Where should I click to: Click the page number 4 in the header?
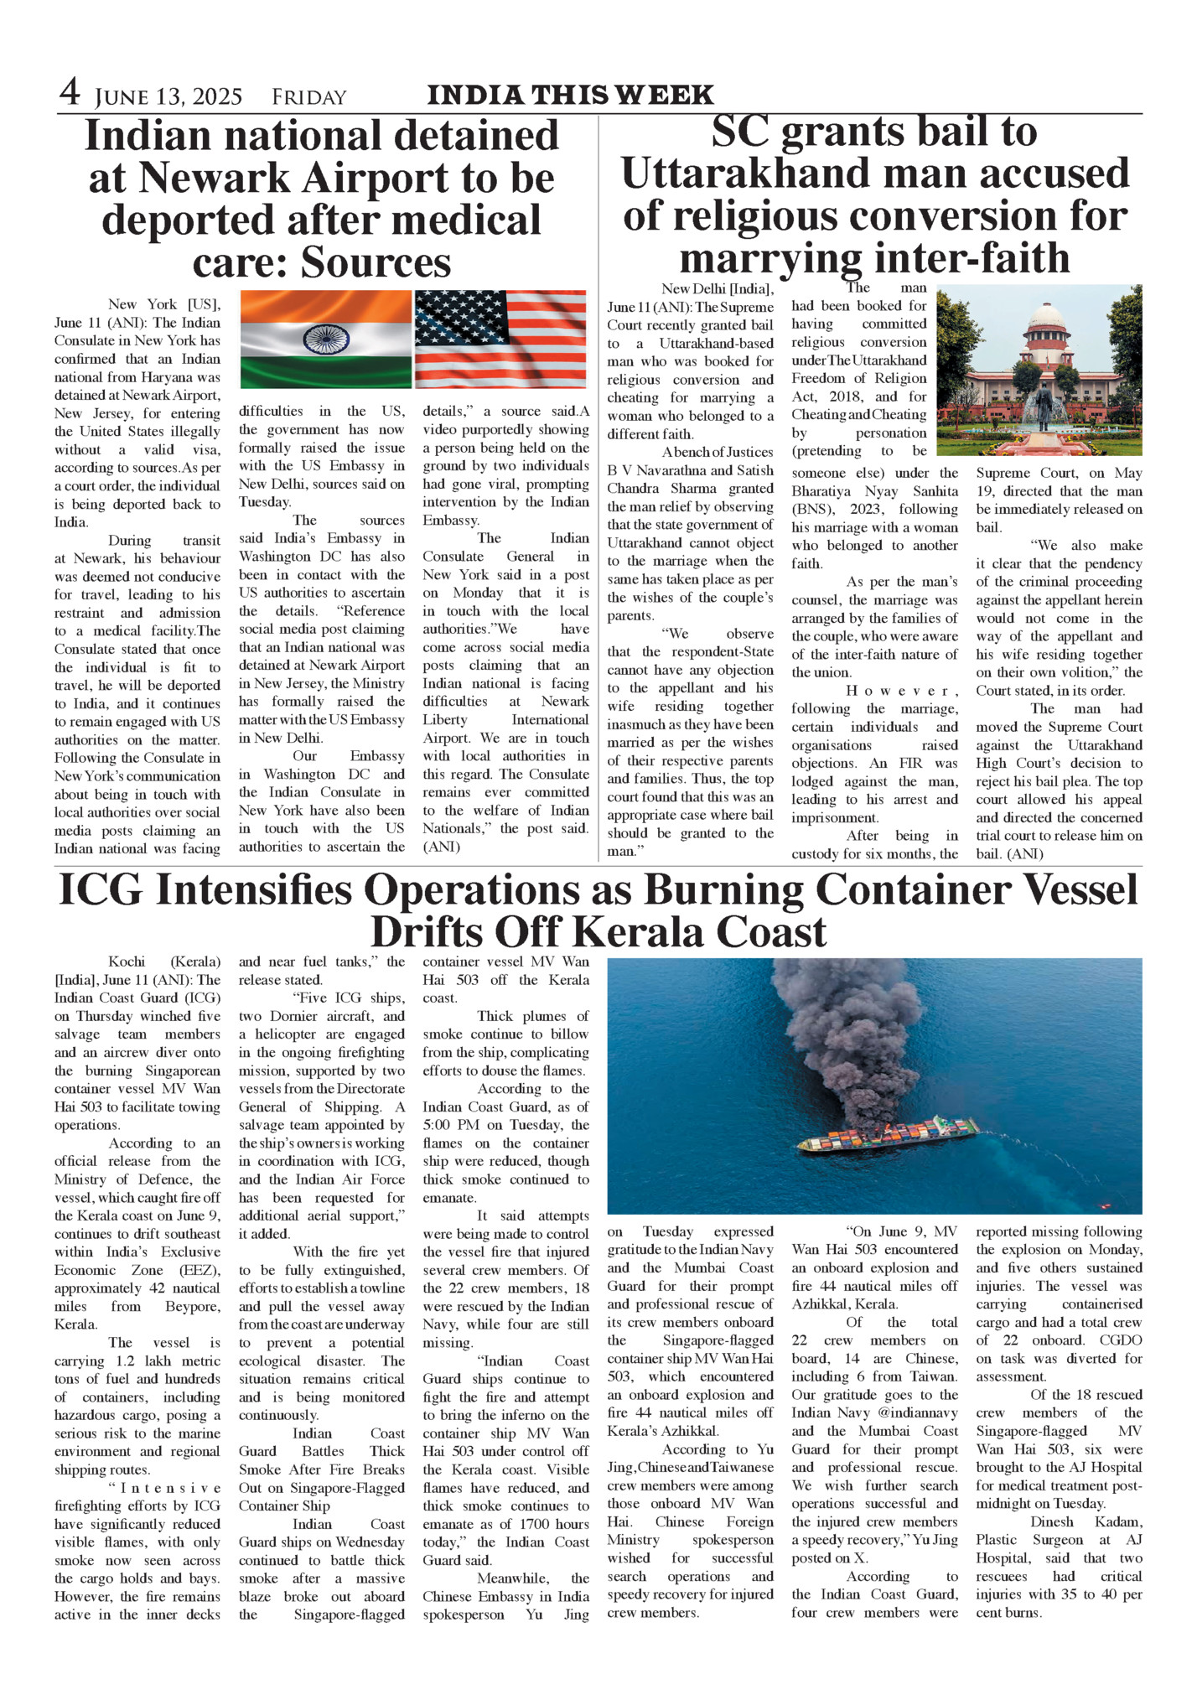click(x=70, y=92)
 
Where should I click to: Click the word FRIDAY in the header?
click(x=308, y=98)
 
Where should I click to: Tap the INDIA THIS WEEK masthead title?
click(x=570, y=96)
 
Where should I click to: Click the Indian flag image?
click(x=325, y=339)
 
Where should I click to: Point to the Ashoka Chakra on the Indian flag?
click(x=325, y=339)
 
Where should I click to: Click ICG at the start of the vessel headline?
click(x=101, y=891)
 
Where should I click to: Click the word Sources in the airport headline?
click(x=376, y=262)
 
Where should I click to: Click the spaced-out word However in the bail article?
click(x=902, y=691)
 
